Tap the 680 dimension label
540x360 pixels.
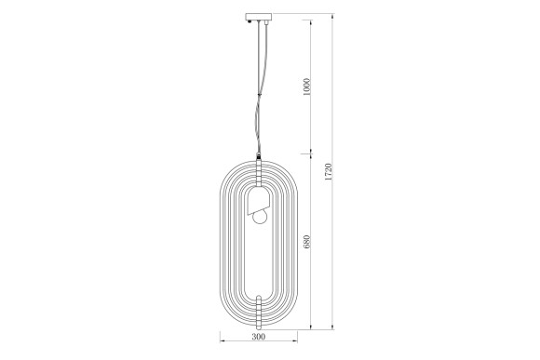[306, 244]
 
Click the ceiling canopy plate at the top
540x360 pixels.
[257, 17]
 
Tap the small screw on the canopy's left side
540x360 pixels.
[247, 16]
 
